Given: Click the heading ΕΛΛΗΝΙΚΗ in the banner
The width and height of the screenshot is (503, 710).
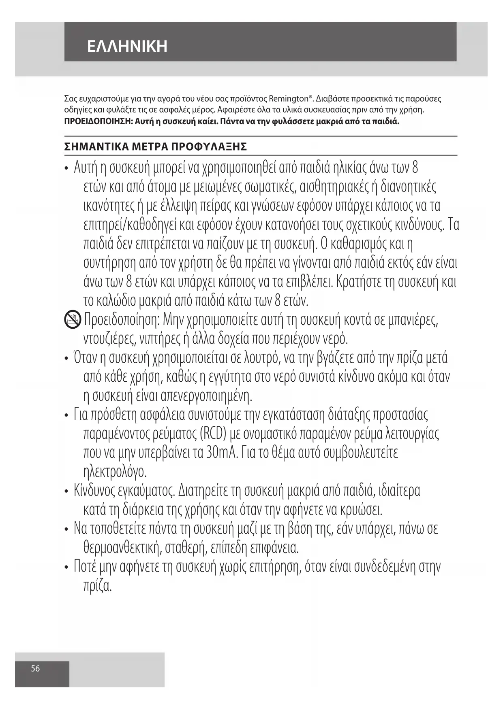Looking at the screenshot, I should click(127, 47).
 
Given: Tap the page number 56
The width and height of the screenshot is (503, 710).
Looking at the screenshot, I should click(36, 668).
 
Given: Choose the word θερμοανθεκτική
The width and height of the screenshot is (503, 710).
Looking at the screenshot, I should click(120, 548).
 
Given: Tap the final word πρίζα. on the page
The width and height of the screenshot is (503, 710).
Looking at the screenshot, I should click(97, 586).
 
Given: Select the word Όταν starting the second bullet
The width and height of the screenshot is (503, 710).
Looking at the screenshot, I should click(84, 359).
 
